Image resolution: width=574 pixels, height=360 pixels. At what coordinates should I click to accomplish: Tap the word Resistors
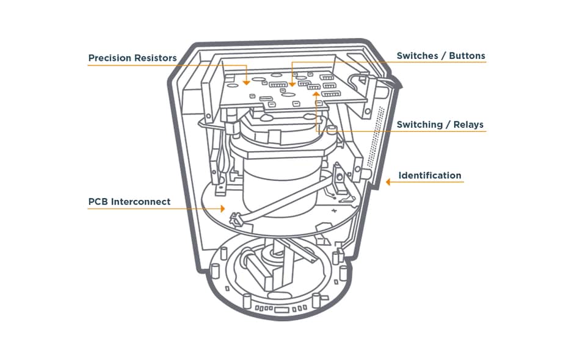point(155,58)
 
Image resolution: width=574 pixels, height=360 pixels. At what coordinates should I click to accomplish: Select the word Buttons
point(467,56)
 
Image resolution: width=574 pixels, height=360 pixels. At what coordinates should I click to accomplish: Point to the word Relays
point(468,124)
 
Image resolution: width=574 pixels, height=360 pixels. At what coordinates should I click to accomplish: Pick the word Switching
point(420,124)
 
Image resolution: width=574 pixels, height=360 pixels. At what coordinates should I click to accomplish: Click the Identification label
point(430,176)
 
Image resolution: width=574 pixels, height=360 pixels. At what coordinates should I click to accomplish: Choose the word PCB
point(99,201)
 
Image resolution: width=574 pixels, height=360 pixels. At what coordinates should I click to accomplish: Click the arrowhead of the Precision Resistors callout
point(246,82)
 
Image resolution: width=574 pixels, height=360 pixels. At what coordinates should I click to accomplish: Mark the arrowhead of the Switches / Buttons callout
point(292,83)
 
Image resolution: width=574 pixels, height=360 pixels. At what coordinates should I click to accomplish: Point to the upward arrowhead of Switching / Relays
point(316,93)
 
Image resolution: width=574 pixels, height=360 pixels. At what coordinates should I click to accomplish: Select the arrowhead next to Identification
point(388,181)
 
